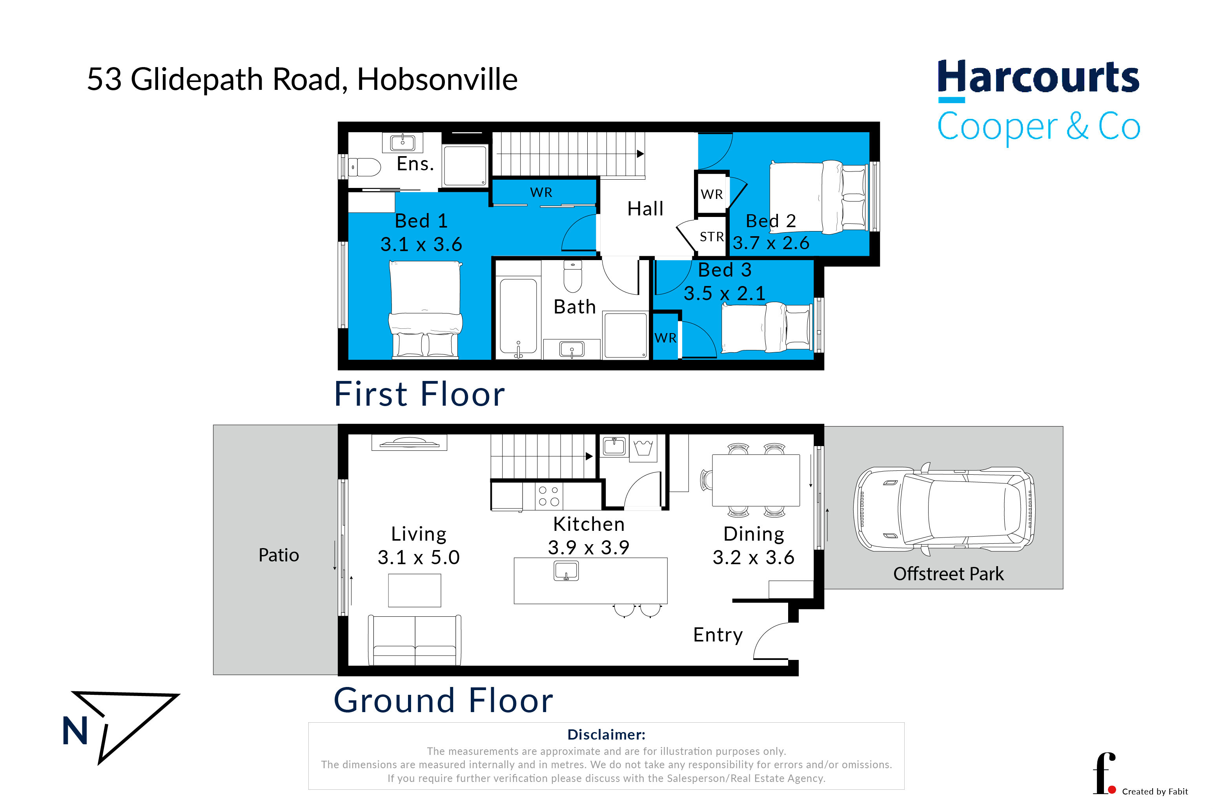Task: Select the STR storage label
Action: [x=712, y=237]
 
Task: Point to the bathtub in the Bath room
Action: [x=518, y=317]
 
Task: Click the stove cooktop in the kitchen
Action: [x=548, y=496]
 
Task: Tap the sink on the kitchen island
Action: [x=566, y=570]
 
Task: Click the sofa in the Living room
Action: [x=414, y=640]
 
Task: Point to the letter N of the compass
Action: [x=75, y=731]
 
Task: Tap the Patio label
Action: [x=279, y=555]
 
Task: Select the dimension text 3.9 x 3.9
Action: [x=589, y=547]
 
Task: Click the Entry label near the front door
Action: [x=718, y=635]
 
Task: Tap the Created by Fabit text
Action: [x=1155, y=791]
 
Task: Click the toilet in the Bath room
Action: [x=573, y=276]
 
